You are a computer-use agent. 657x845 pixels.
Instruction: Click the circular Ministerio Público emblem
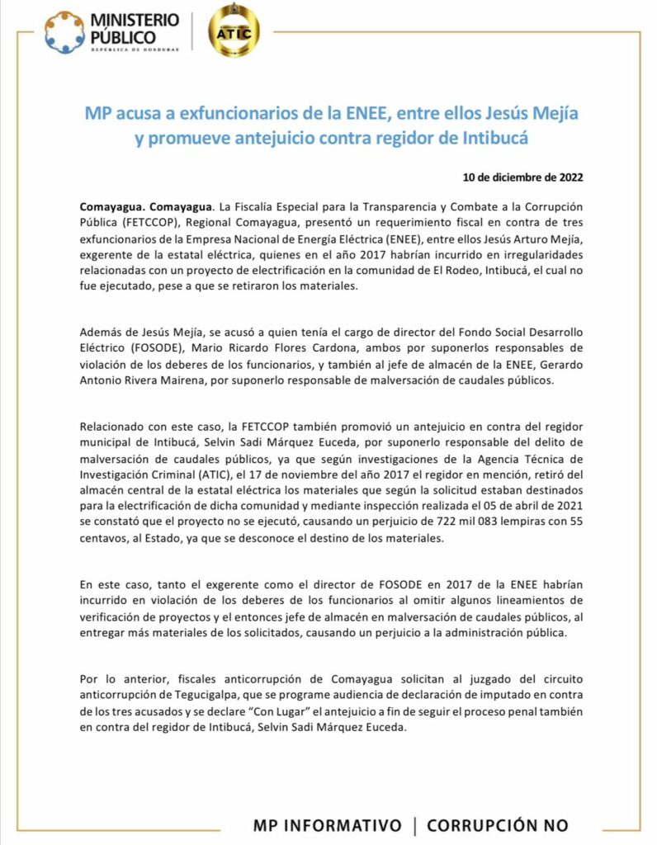pos(64,32)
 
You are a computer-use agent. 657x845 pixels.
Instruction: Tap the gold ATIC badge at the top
pos(234,31)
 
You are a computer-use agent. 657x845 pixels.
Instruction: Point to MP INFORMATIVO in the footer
pos(328,825)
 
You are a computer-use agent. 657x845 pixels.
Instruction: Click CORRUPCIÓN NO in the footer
pos(498,825)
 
